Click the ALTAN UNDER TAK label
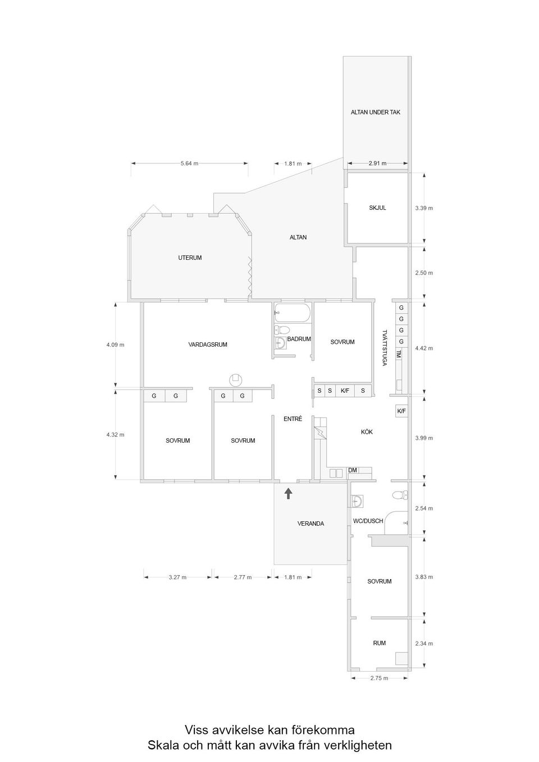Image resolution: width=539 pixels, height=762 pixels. [376, 112]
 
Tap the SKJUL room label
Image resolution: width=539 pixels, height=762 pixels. [377, 208]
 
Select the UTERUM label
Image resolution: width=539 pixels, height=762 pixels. [190, 258]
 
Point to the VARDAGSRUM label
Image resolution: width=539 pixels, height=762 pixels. [208, 345]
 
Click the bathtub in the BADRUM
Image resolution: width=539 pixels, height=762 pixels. [292, 314]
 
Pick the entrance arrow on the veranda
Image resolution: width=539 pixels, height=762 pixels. [288, 493]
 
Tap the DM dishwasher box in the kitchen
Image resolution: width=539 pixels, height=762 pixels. [353, 470]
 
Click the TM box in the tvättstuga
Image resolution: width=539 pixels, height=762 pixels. [399, 354]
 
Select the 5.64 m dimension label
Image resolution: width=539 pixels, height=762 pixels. [189, 163]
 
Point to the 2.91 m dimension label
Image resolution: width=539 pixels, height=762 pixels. [377, 163]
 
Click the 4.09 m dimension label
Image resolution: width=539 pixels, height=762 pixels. [115, 345]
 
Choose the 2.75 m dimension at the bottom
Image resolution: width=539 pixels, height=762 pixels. [379, 678]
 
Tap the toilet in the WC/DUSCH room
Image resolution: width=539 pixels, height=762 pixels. [399, 495]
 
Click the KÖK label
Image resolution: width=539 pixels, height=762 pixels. [367, 432]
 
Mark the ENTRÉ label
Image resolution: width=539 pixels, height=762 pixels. [293, 419]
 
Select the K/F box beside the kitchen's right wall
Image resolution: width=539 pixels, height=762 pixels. [401, 411]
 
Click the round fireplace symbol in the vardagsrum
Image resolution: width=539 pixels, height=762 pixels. [236, 380]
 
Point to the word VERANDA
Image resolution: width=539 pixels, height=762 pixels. [310, 524]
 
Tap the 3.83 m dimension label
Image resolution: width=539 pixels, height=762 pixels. [424, 577]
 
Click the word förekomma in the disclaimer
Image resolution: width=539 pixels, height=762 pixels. [322, 730]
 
